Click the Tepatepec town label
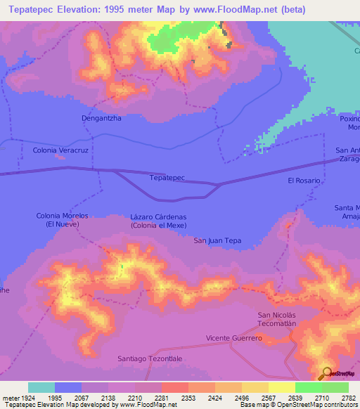(x=167, y=178)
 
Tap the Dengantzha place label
(x=101, y=118)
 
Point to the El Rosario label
(x=304, y=181)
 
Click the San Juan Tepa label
(x=217, y=240)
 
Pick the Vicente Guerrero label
(x=233, y=338)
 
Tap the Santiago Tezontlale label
(x=149, y=358)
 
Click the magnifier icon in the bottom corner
(x=326, y=373)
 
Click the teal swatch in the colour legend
(x=41, y=387)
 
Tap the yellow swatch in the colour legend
(x=281, y=387)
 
